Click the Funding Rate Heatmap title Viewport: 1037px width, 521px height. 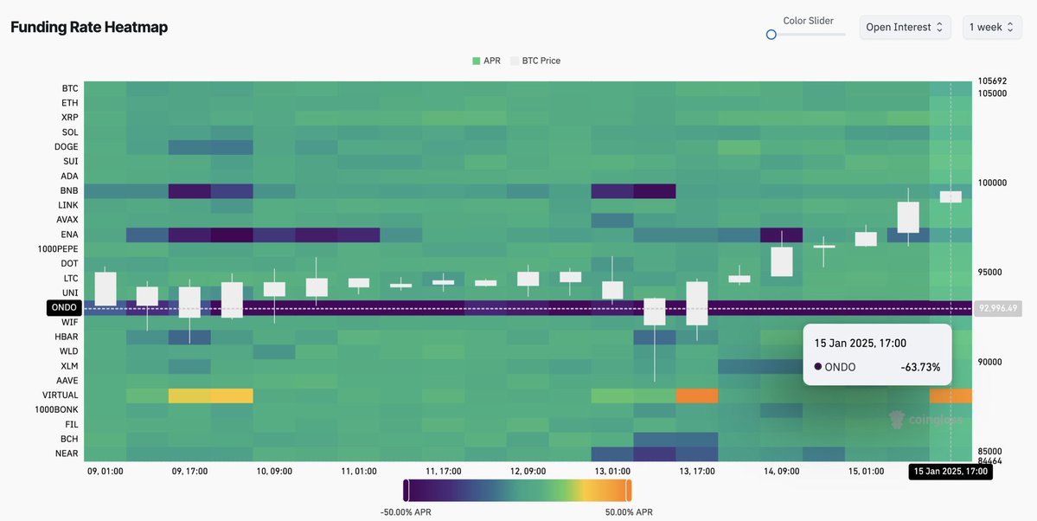point(89,27)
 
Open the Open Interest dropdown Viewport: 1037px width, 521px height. point(905,27)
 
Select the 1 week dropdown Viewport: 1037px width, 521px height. point(991,27)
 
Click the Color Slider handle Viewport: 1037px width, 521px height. point(771,35)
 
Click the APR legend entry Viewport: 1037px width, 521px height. point(487,61)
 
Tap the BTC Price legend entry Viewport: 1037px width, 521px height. point(535,61)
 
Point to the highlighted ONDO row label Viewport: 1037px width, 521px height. point(65,307)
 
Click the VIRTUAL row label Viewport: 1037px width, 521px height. point(61,395)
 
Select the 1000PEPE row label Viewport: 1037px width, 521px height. point(58,248)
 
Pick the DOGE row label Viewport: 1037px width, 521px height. point(67,146)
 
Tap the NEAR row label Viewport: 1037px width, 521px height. point(67,453)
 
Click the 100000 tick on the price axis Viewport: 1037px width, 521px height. point(994,183)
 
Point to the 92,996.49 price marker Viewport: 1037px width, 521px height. point(997,308)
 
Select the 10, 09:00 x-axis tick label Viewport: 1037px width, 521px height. point(273,472)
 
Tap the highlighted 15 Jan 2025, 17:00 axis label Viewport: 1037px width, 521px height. point(951,472)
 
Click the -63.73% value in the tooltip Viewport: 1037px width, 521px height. point(920,367)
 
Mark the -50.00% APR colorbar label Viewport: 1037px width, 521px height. point(406,512)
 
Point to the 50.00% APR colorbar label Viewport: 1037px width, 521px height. point(629,512)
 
